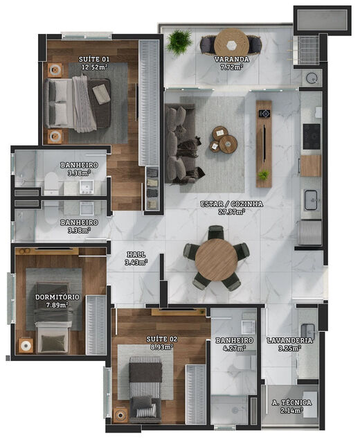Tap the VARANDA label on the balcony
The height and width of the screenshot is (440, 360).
tap(231, 60)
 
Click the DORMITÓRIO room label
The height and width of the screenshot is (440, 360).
tap(57, 297)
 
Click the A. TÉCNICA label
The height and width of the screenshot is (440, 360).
tap(291, 403)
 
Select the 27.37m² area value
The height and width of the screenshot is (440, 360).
tap(233, 212)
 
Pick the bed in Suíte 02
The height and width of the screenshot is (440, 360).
tap(145, 388)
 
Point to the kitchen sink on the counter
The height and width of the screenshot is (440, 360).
tap(312, 197)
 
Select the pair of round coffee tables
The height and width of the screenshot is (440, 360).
tap(224, 140)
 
